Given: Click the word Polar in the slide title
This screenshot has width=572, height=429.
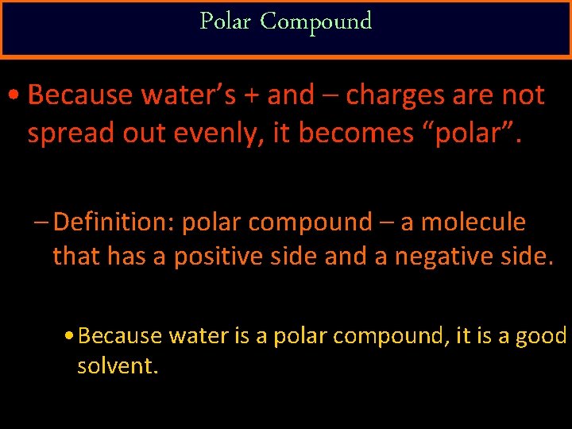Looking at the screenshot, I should click(x=226, y=21).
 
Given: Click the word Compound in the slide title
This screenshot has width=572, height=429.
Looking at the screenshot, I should click(x=315, y=21).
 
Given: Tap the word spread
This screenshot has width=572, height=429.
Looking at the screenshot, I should click(x=65, y=133).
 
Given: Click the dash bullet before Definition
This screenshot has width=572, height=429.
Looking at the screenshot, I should click(x=43, y=223).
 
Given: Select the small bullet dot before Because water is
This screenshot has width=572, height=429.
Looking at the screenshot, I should click(x=71, y=337).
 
